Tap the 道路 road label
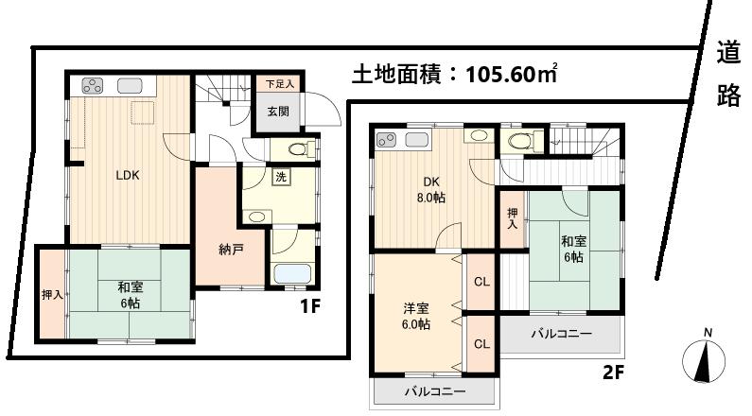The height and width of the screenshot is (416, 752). [x=727, y=75]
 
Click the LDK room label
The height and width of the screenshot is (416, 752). [x=128, y=175]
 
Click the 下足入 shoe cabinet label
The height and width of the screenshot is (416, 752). [x=279, y=84]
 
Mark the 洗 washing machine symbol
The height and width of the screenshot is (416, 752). [x=282, y=176]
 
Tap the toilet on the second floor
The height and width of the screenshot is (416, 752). [x=519, y=141]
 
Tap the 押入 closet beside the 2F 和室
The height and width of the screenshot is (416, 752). [x=511, y=220]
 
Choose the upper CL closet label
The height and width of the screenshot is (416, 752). [x=480, y=281]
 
